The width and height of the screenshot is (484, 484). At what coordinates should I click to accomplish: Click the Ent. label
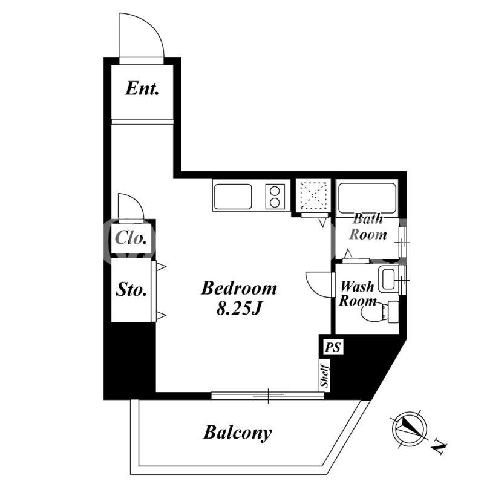point(142,88)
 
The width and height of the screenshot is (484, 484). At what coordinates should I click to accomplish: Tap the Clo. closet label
point(131,238)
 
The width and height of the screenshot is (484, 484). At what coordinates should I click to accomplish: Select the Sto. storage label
point(131,290)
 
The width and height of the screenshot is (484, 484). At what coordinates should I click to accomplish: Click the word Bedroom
point(239,288)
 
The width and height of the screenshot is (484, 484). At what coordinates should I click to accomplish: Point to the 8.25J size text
point(239,308)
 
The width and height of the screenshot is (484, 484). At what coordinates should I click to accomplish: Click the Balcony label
point(237,433)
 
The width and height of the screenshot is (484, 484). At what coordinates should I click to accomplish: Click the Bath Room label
point(368,227)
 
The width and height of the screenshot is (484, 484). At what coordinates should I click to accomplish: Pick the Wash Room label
point(358,293)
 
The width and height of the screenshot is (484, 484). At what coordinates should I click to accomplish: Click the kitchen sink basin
point(233,197)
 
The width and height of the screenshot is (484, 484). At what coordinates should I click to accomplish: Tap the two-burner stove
point(275,197)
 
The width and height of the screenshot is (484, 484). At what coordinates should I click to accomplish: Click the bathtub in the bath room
point(367,198)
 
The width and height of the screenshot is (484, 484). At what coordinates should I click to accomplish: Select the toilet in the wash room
point(380,312)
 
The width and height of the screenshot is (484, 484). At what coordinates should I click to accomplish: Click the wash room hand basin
point(388,280)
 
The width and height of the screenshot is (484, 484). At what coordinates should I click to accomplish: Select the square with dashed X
point(313,195)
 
